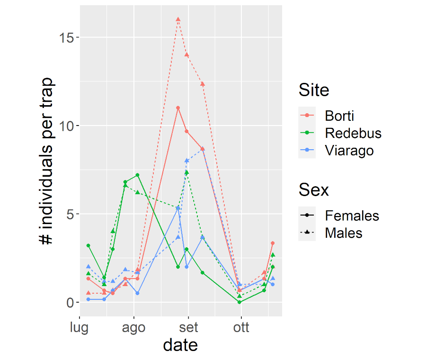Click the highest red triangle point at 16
(x=178, y=19)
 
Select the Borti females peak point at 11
(x=178, y=108)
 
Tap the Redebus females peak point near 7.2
(x=137, y=175)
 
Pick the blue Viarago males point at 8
(x=187, y=161)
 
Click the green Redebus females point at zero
(x=240, y=302)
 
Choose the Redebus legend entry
(x=353, y=133)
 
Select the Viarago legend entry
(x=349, y=151)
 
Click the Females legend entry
(x=352, y=216)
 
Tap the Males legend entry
(x=343, y=233)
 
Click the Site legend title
(x=314, y=90)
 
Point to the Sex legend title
(x=314, y=190)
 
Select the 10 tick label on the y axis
(x=67, y=126)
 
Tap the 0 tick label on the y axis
(x=70, y=302)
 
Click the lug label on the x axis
(x=80, y=328)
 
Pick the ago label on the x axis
(x=134, y=328)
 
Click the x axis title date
(x=180, y=345)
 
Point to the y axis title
(x=46, y=161)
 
